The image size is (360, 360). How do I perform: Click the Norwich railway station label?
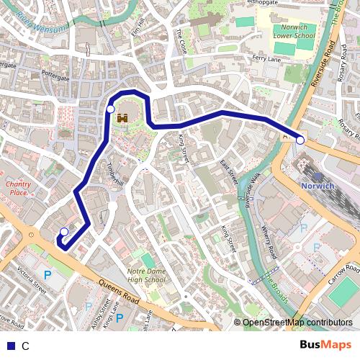click(x=318, y=185)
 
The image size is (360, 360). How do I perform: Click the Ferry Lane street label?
click(x=266, y=58)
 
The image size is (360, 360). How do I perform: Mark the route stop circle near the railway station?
click(x=300, y=140)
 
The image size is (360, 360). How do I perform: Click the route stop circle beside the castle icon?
click(x=110, y=109)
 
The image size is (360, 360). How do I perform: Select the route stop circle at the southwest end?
click(x=64, y=231)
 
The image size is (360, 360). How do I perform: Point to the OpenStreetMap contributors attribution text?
click(x=297, y=323)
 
